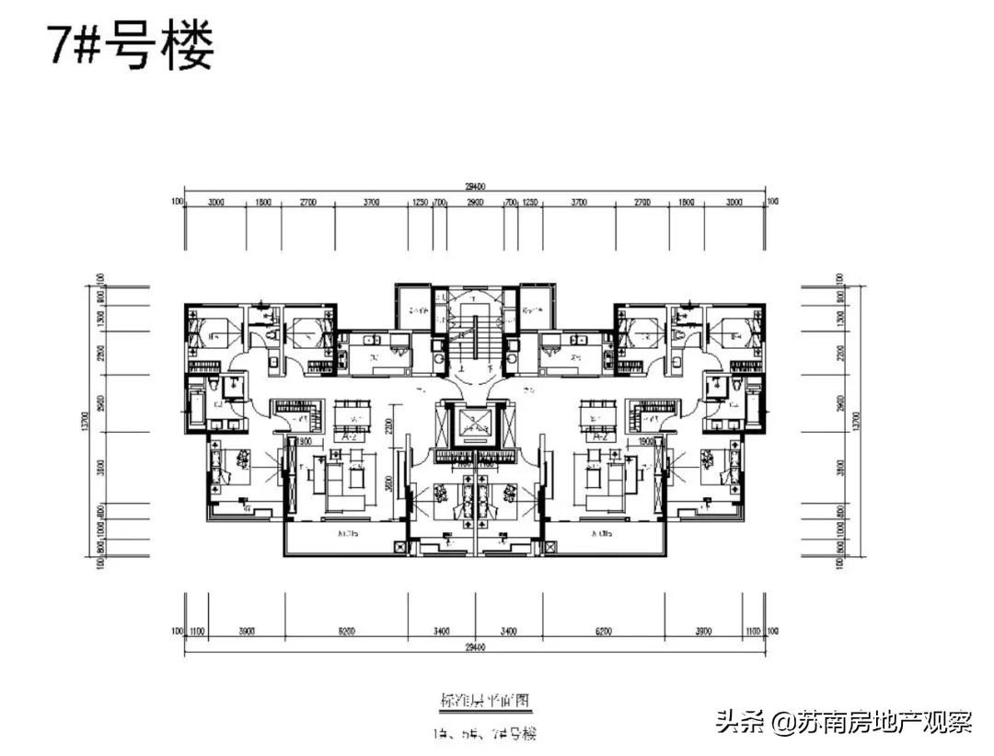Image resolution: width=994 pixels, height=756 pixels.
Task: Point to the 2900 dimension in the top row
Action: coord(476,201)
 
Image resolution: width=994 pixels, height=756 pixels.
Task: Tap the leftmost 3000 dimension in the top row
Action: coord(215,201)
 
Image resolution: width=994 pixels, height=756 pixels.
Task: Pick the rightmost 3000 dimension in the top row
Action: coord(734,201)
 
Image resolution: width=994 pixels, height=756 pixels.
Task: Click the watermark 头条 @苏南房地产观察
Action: coord(843,721)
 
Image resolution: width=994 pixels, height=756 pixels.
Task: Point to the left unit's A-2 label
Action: coord(349,438)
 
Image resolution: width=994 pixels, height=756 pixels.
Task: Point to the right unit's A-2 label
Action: coord(601,438)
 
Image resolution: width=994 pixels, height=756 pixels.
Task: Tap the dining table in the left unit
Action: coord(350,417)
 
